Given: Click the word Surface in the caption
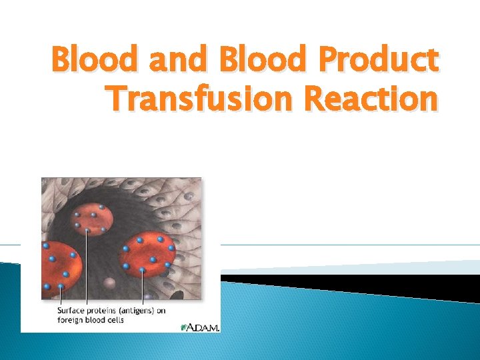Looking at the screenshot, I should click(x=69, y=310).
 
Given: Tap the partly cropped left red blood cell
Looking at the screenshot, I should click(x=60, y=267).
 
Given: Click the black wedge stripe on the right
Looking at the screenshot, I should click(x=373, y=283).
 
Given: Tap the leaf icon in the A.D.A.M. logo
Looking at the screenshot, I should click(x=184, y=327).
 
